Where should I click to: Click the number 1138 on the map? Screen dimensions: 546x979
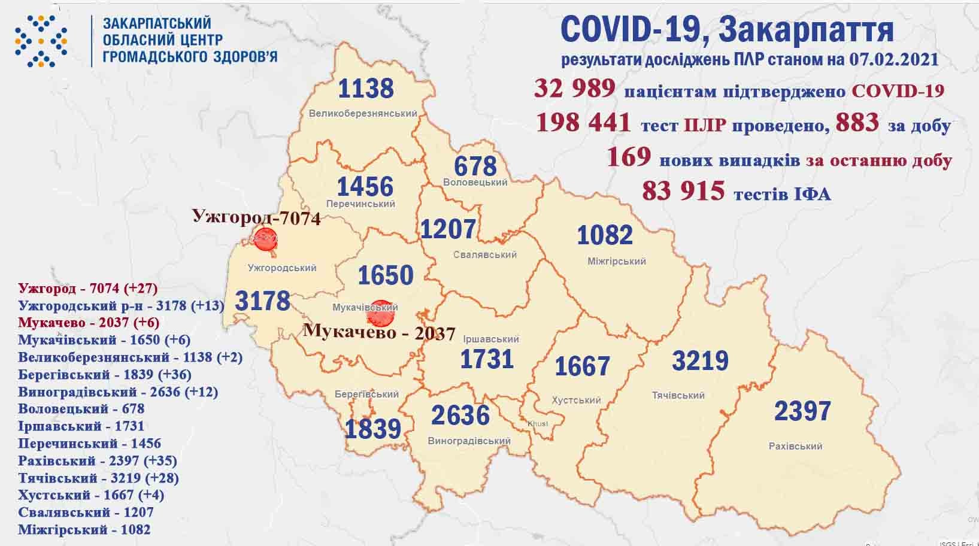click(366, 89)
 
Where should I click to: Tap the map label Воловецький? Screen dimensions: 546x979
click(475, 183)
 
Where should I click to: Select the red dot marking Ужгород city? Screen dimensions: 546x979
click(264, 240)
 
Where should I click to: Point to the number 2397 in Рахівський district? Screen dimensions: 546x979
click(802, 411)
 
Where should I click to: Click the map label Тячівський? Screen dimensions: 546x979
click(678, 396)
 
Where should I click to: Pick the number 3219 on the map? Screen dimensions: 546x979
click(700, 361)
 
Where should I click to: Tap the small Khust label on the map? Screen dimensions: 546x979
click(537, 424)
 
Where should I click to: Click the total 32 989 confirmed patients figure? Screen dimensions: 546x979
click(575, 89)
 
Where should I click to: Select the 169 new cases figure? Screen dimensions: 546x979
click(629, 157)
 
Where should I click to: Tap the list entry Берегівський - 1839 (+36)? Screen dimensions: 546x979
click(105, 375)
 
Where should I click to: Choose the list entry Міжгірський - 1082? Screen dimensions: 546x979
click(84, 530)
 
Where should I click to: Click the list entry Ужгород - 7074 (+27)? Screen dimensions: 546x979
click(88, 289)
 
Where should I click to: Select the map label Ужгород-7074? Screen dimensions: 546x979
click(256, 217)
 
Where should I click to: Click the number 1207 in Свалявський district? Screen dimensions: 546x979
click(448, 229)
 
